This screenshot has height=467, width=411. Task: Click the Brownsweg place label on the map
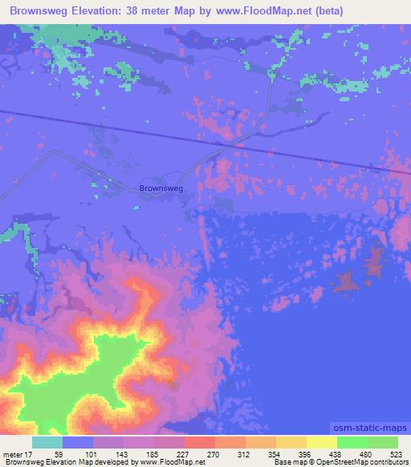click(x=161, y=188)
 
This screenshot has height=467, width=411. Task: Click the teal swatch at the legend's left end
click(x=47, y=443)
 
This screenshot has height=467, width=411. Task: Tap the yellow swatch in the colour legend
click(x=322, y=443)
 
